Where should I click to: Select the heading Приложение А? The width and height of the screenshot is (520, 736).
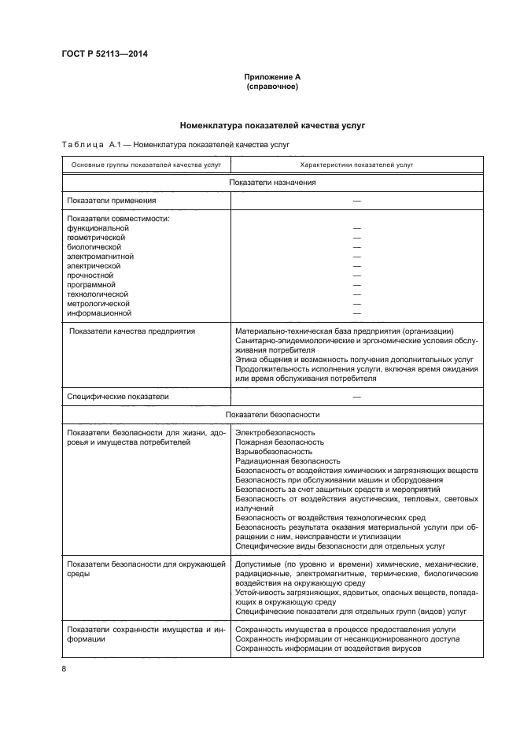point(272,77)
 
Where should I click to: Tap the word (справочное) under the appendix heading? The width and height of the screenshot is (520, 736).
point(272,87)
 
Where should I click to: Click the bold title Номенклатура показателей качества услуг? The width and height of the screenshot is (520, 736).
point(272,124)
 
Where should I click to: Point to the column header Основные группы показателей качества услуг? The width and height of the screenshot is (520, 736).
point(146,165)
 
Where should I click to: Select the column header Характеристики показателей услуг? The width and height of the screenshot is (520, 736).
point(356,165)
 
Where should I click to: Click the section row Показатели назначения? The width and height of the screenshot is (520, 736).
point(272,183)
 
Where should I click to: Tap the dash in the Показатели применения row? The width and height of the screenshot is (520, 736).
point(356,201)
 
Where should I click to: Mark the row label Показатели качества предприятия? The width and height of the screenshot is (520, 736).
point(132,331)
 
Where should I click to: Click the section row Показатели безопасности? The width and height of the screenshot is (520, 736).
point(272,415)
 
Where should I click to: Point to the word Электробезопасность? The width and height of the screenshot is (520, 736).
point(275,432)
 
